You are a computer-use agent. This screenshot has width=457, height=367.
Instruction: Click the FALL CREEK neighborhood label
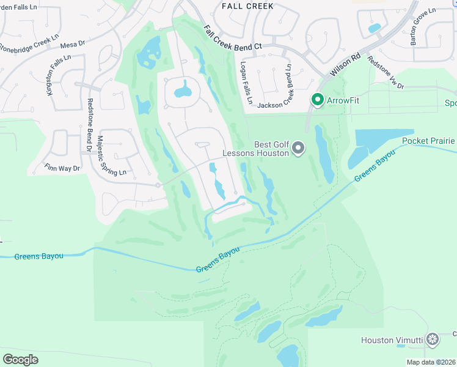[247, 6]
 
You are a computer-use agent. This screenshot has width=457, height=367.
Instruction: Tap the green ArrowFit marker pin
[317, 98]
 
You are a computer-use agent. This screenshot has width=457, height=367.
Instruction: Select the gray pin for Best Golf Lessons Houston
[298, 147]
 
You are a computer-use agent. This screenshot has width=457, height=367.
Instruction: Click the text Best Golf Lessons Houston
[255, 148]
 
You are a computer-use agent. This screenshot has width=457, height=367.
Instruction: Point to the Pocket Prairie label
[428, 141]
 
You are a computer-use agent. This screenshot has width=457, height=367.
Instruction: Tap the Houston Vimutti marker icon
[433, 339]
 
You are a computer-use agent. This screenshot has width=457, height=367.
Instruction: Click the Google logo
[21, 359]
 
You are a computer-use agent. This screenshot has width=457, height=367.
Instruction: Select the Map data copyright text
[431, 362]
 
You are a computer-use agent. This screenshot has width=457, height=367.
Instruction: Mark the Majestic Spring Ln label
[110, 156]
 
